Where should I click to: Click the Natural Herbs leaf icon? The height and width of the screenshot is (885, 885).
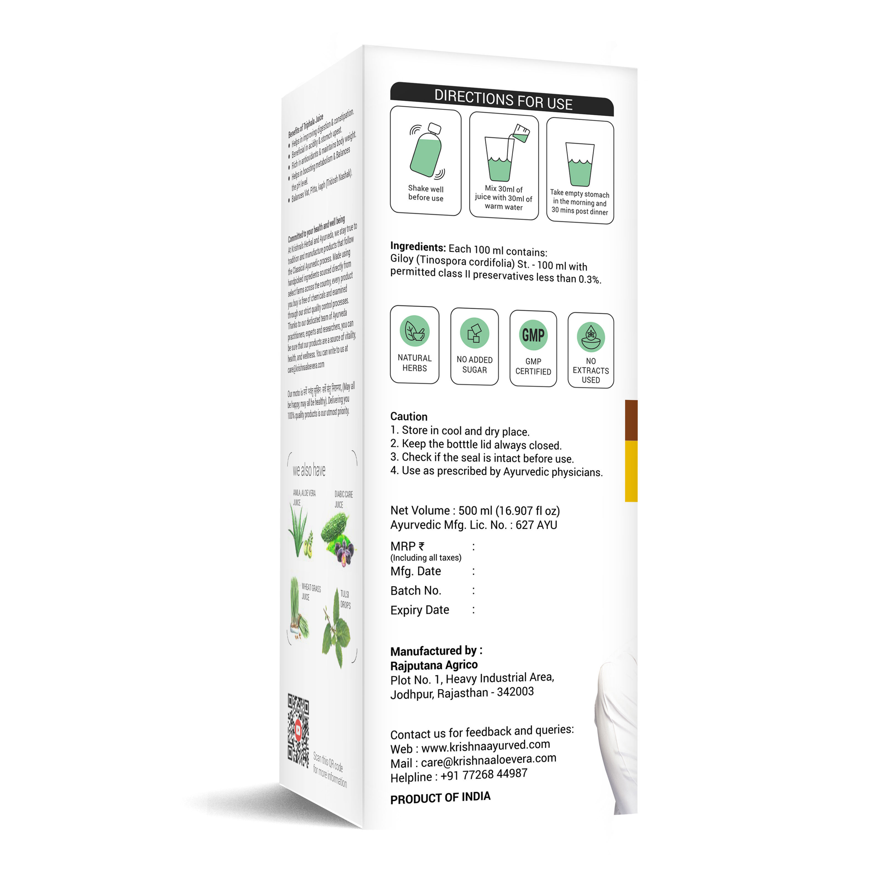click(x=415, y=331)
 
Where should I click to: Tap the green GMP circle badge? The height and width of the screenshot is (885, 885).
click(x=533, y=335)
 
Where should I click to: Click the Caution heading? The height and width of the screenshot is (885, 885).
click(x=408, y=417)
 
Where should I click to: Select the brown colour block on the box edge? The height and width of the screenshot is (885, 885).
click(x=631, y=420)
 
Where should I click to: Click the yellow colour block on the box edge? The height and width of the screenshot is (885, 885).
click(x=631, y=471)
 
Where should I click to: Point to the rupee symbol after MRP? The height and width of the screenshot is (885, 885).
click(x=421, y=546)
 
